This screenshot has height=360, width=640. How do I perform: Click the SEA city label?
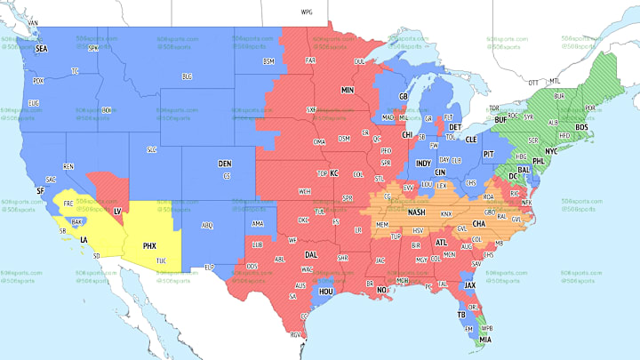click(x=41, y=50)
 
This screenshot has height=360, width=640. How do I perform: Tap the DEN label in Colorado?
click(x=226, y=164)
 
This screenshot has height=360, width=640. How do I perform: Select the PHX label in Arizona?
click(x=149, y=244)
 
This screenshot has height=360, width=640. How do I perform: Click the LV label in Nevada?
click(x=117, y=210)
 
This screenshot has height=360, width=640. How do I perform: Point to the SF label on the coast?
click(x=40, y=191)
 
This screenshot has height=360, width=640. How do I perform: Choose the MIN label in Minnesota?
click(x=347, y=91)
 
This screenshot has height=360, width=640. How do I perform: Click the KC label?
click(x=334, y=173)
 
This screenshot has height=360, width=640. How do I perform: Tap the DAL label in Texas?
click(x=311, y=253)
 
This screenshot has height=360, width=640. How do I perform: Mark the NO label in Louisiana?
click(x=381, y=291)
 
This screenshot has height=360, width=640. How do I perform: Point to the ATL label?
click(x=442, y=242)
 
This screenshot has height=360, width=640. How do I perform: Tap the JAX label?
click(x=469, y=284)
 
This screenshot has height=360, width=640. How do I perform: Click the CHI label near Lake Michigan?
click(x=408, y=135)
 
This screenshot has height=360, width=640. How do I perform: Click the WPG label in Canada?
click(x=307, y=13)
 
